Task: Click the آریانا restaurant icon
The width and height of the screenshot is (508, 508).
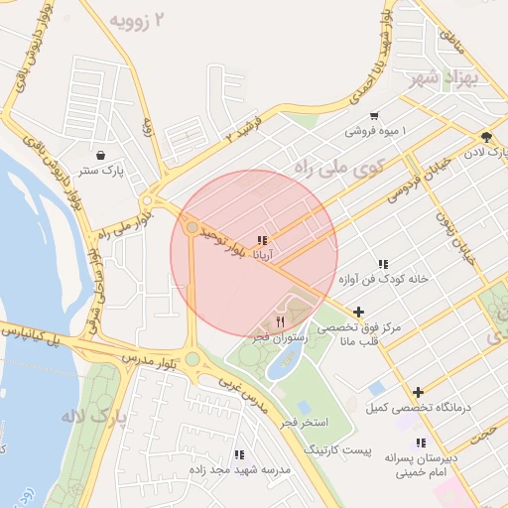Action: [x=261, y=240]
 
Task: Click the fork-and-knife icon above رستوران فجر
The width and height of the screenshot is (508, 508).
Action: [x=280, y=322]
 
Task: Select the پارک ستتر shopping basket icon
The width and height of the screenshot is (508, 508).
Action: [x=102, y=155]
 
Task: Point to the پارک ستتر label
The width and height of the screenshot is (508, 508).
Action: [x=102, y=171]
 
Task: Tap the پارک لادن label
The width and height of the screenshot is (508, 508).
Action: [x=487, y=153]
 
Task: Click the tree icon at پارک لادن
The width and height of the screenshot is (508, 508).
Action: [x=485, y=137]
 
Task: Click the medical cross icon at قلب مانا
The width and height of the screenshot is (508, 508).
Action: [x=358, y=312]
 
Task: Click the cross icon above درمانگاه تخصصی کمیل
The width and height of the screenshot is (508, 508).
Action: [x=418, y=393]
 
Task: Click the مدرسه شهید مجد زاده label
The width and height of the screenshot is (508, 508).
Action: [x=249, y=468]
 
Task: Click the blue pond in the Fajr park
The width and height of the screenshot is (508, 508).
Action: [x=283, y=364]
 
